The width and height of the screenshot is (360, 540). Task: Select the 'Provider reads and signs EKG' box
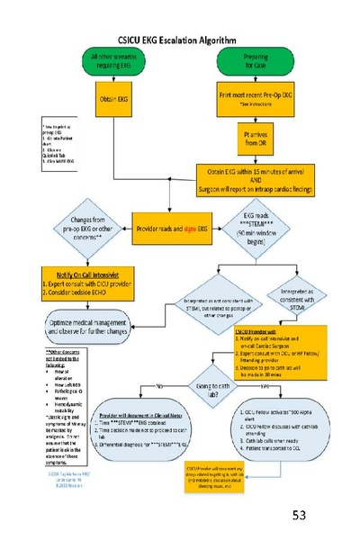coord(176,220)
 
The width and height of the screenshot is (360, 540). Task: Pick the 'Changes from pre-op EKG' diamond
coord(80,221)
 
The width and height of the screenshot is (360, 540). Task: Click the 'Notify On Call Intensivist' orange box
coord(86,279)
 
